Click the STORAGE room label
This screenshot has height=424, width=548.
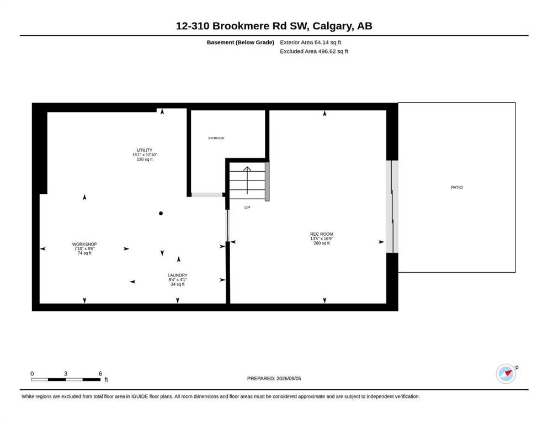216,138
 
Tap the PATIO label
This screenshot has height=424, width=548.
457,187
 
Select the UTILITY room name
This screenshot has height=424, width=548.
145,150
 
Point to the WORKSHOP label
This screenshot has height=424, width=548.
84,245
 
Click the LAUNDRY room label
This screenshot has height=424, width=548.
178,275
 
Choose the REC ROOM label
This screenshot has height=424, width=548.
322,234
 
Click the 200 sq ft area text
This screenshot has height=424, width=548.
322,243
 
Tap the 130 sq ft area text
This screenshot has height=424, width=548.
145,160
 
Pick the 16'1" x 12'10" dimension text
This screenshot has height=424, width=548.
145,155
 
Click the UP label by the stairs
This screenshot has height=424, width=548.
247,208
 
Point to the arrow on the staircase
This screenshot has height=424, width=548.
247,181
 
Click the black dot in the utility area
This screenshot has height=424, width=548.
161,213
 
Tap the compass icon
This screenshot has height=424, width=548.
506,374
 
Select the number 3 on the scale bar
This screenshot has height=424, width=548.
65,374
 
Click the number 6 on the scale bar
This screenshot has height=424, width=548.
100,374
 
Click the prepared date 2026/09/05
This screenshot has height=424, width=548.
289,379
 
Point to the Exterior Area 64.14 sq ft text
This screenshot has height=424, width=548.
310,43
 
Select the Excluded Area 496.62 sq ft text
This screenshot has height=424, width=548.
314,51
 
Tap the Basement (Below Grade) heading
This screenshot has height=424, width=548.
241,43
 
